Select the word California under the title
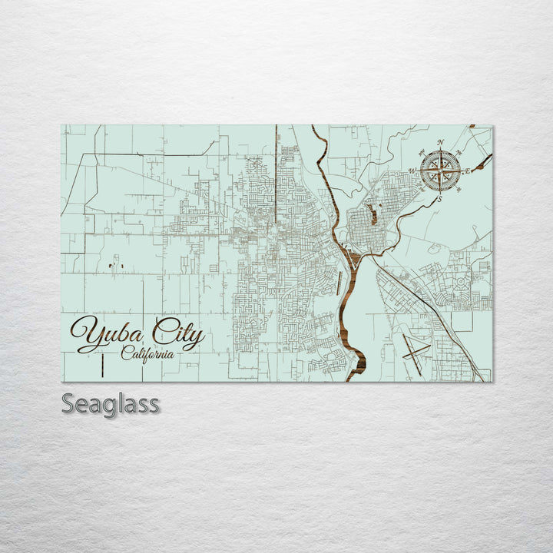147,354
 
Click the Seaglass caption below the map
111,403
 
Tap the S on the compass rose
439,199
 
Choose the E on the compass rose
468,171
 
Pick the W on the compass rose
412,171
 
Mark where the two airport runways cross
416,350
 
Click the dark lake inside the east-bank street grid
373,214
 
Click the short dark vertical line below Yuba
102,366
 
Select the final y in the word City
197,338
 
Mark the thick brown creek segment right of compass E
482,161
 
